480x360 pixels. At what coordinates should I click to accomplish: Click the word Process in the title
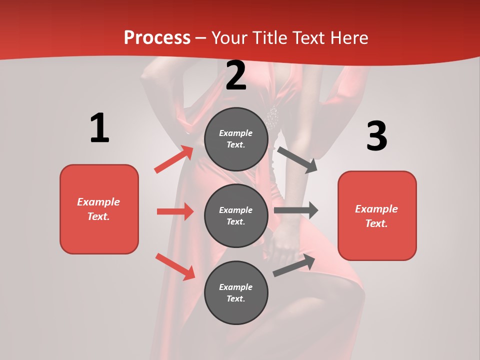[157, 38]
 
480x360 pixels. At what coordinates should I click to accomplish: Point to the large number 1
[99, 128]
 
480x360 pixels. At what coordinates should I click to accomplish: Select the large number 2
[236, 75]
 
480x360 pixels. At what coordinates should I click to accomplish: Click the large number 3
[376, 136]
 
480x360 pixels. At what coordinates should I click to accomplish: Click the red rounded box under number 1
[99, 209]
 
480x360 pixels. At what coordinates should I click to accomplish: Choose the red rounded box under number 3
[377, 216]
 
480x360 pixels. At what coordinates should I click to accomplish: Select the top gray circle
[236, 139]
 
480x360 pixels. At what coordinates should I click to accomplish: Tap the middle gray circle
[236, 216]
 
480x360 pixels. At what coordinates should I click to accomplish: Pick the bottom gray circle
[236, 293]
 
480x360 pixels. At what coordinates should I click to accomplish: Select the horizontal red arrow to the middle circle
[175, 211]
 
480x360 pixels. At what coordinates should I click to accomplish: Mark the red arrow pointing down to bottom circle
[175, 266]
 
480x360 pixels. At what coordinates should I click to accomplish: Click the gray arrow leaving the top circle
[297, 159]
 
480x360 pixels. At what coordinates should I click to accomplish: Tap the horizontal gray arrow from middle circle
[295, 210]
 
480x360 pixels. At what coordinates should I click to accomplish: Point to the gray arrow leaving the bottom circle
[294, 265]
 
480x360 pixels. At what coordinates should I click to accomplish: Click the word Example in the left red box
[98, 202]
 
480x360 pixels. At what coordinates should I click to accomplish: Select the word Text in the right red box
[375, 223]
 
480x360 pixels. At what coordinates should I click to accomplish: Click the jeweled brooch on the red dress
[272, 117]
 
